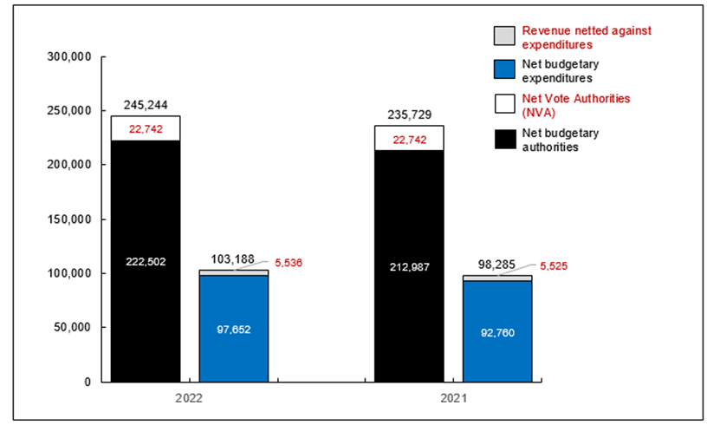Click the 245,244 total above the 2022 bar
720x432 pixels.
[145, 104]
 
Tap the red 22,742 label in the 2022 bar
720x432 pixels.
[145, 128]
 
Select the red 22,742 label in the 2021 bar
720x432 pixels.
[408, 139]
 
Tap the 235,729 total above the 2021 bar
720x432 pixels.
[408, 115]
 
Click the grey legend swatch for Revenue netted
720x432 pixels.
[503, 36]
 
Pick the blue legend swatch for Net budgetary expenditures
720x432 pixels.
[503, 70]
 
